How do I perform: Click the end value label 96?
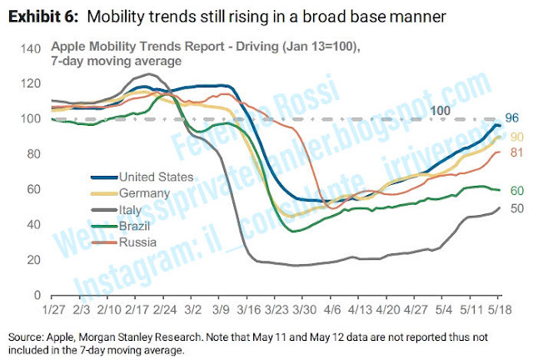click(514, 118)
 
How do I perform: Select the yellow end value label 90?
click(516, 136)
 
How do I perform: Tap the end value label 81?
click(516, 152)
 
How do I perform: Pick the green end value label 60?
click(516, 191)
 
